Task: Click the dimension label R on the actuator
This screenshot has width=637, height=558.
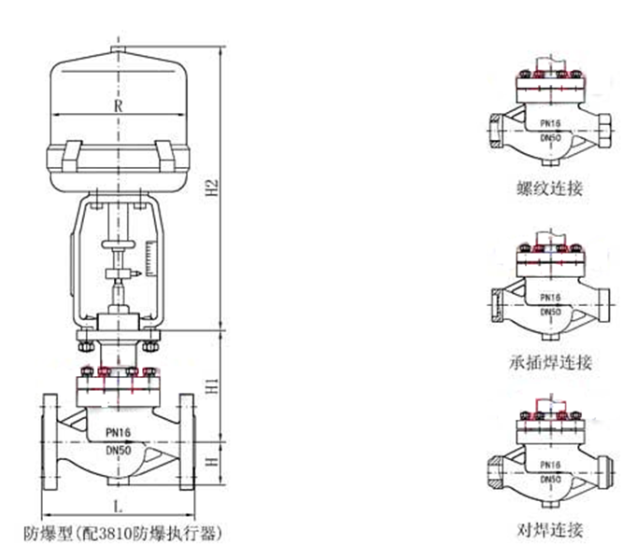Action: point(118,105)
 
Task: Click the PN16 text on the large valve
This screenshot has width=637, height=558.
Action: point(119,432)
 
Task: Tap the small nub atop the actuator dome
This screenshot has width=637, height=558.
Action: point(116,49)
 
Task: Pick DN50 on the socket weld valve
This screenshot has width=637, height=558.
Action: point(550,310)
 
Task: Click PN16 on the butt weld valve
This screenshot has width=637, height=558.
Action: point(550,464)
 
